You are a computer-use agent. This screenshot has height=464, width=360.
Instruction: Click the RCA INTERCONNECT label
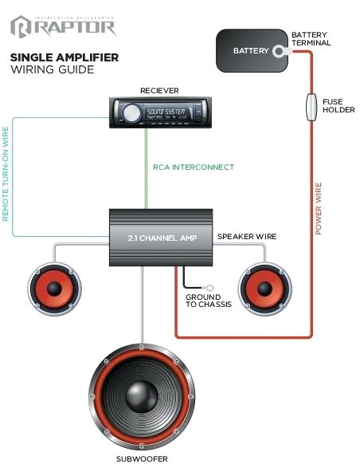pos(194,167)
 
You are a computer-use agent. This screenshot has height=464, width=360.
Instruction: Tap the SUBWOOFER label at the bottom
pos(141,458)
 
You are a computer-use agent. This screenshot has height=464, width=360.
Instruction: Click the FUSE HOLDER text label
pos(338,106)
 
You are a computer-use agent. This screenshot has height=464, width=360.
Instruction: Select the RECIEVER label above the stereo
pos(158,91)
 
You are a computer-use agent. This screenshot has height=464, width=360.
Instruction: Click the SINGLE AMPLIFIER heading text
pos(65,57)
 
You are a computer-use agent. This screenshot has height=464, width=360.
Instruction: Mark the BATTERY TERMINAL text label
pos(310,40)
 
